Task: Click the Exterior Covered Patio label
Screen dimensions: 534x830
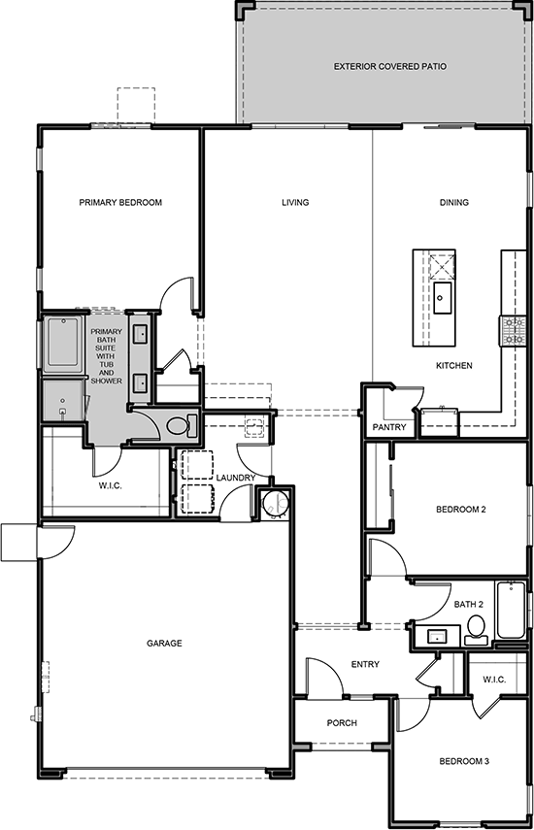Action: click(389, 67)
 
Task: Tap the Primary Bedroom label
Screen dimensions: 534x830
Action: click(120, 202)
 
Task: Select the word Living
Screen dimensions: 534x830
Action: click(295, 202)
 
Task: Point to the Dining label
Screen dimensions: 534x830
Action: click(454, 202)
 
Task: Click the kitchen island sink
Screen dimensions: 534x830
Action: click(442, 298)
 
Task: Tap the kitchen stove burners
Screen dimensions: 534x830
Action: click(513, 330)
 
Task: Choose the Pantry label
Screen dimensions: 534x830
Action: click(389, 427)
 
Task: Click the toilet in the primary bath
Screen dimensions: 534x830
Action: click(181, 425)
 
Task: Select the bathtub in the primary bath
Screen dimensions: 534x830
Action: click(63, 342)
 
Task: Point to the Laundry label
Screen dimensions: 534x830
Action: click(236, 478)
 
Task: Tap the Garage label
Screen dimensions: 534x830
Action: click(164, 644)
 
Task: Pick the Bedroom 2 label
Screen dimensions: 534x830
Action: click(461, 510)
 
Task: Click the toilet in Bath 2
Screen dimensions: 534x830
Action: click(477, 629)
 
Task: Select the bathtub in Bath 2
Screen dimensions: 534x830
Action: click(511, 610)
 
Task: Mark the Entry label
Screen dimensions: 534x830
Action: click(365, 664)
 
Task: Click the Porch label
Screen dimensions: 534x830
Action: click(342, 722)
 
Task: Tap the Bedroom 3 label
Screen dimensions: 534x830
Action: click(464, 761)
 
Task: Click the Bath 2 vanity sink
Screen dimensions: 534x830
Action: click(437, 636)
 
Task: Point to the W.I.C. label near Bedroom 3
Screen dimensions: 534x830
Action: click(494, 680)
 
